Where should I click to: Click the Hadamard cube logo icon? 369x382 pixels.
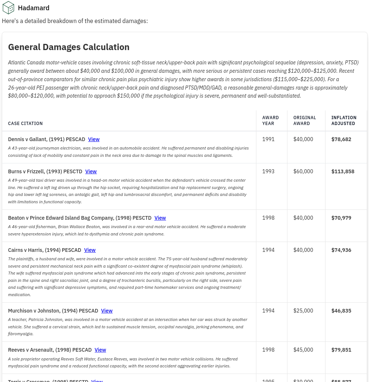[x=8, y=8]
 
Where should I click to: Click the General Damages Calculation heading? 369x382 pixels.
[x=69, y=47]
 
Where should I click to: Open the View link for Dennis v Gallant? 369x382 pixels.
[x=94, y=139]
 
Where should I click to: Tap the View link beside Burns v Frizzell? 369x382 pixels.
[x=91, y=171]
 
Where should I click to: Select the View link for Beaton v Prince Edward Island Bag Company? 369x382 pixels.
[x=160, y=218]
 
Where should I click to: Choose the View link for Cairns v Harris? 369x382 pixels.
[x=90, y=250]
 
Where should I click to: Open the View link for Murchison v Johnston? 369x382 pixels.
[x=107, y=311]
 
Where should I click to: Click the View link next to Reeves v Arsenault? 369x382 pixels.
[x=100, y=350]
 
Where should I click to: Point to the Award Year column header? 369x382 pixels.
[x=271, y=121]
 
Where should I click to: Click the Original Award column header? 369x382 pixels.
[x=305, y=121]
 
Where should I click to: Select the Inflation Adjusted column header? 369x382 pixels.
[x=344, y=121]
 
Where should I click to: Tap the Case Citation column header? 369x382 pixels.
[x=26, y=124]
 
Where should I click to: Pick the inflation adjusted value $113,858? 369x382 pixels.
[x=343, y=171]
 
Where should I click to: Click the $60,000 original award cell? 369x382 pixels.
[x=303, y=171]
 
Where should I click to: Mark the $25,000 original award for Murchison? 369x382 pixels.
[x=303, y=311]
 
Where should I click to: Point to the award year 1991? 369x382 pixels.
[x=268, y=139]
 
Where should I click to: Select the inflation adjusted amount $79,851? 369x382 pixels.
[x=341, y=350]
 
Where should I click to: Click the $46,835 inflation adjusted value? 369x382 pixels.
[x=341, y=311]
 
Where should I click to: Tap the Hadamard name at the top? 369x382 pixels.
[x=34, y=8]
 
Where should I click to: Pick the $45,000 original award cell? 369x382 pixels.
[x=303, y=350]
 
